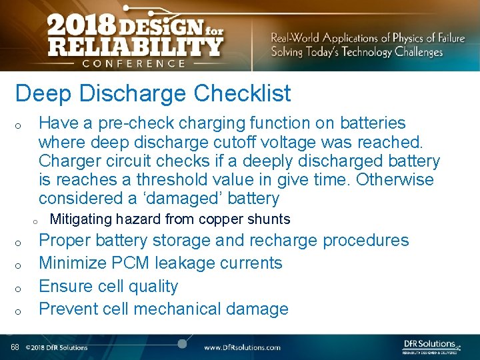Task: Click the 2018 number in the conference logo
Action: (80, 26)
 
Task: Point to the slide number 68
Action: (15, 347)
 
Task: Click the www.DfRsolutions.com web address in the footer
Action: (242, 347)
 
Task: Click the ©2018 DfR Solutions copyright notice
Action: (57, 347)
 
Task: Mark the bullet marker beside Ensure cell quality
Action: (21, 289)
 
